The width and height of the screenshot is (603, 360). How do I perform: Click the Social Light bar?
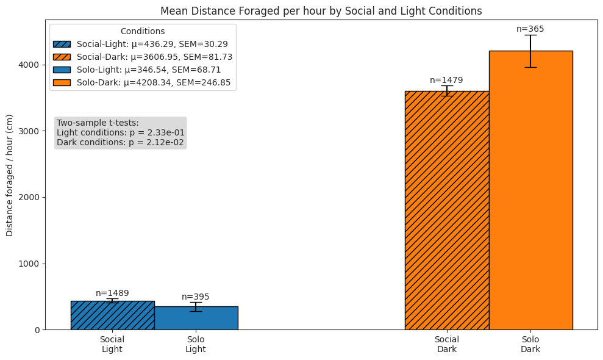click(112, 315)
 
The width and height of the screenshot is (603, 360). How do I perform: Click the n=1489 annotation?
click(112, 293)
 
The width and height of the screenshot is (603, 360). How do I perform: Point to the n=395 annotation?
click(196, 297)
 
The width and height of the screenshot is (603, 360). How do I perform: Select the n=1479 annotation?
click(446, 80)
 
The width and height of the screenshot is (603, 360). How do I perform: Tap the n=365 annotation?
click(530, 29)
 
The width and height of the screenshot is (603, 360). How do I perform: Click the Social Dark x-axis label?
click(446, 344)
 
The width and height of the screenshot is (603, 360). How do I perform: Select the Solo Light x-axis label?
click(196, 344)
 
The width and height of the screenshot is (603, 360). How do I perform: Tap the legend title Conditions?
click(143, 31)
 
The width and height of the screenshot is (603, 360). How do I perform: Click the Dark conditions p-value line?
click(120, 142)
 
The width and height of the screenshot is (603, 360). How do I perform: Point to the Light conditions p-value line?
click(120, 132)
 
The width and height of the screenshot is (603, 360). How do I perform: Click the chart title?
click(321, 11)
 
